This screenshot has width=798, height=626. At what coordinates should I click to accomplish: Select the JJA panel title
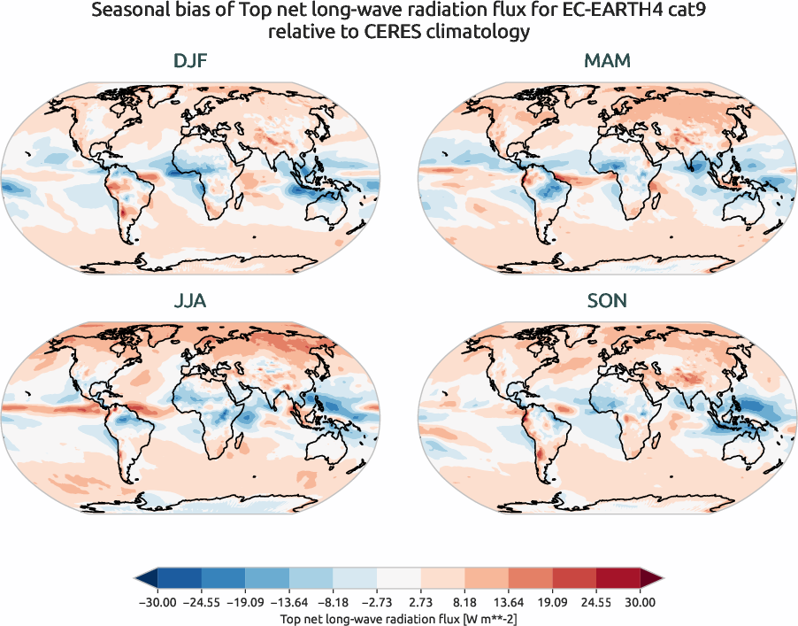pos(190,301)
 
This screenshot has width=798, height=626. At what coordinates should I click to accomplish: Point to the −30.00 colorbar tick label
pos(157,602)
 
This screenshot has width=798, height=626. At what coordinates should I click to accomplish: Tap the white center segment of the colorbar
pos(398,579)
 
